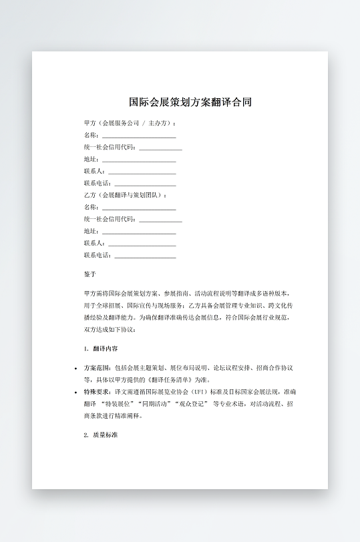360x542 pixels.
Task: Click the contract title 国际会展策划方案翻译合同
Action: tap(190, 103)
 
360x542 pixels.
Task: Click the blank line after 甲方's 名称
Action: tap(138, 135)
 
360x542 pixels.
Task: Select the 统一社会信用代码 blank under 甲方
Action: tap(160, 148)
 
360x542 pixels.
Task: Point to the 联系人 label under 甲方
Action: tap(94, 172)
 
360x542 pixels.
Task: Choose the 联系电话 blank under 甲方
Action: tap(145, 184)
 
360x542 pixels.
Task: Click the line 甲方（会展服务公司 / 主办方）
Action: tap(130, 123)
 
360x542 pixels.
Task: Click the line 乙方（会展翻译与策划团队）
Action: tap(124, 195)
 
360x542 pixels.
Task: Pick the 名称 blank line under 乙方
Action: tap(138, 208)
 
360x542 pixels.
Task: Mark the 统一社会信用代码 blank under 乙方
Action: tap(160, 220)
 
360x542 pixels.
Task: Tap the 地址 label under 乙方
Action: tap(91, 232)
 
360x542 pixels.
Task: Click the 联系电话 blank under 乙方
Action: tap(145, 256)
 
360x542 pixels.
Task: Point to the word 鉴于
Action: tap(90, 274)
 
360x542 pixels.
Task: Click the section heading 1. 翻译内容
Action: tap(102, 348)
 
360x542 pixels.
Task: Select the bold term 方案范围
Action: tap(98, 368)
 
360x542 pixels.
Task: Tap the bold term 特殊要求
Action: tap(98, 392)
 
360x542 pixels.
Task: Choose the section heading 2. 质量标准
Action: tap(102, 435)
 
